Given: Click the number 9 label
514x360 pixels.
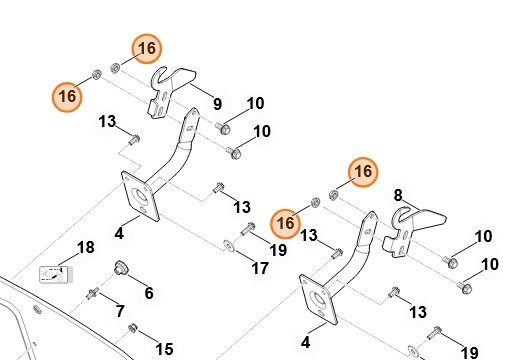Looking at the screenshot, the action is coord(217,104).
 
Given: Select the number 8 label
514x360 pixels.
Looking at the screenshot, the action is coord(398,195).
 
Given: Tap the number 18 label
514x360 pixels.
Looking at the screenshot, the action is coord(86,247).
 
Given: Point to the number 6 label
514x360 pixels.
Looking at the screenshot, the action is coord(149,293).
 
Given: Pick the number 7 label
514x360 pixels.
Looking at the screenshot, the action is coord(120,311).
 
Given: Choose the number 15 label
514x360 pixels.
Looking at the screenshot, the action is coord(164,349).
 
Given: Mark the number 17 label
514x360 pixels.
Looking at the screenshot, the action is coord(260,268).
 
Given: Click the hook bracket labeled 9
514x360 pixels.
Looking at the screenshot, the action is coord(171,92).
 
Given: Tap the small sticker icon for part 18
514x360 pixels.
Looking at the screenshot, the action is coord(56,275).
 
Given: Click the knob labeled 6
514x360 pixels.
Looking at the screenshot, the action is coord(120,268).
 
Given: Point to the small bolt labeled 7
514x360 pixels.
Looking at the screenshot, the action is coord(92,294).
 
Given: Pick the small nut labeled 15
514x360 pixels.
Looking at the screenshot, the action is coord(133,328).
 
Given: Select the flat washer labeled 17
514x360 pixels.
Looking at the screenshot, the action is coord(229,246).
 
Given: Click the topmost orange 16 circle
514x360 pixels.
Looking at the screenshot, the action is coord(147,49).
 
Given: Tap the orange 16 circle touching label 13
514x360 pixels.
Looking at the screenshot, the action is coord(286,224).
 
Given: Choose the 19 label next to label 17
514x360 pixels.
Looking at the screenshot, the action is coord(278,250).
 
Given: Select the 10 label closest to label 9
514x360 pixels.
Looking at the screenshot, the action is coord(256,103).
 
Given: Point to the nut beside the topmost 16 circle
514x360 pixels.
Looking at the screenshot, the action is coord(115,68).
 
